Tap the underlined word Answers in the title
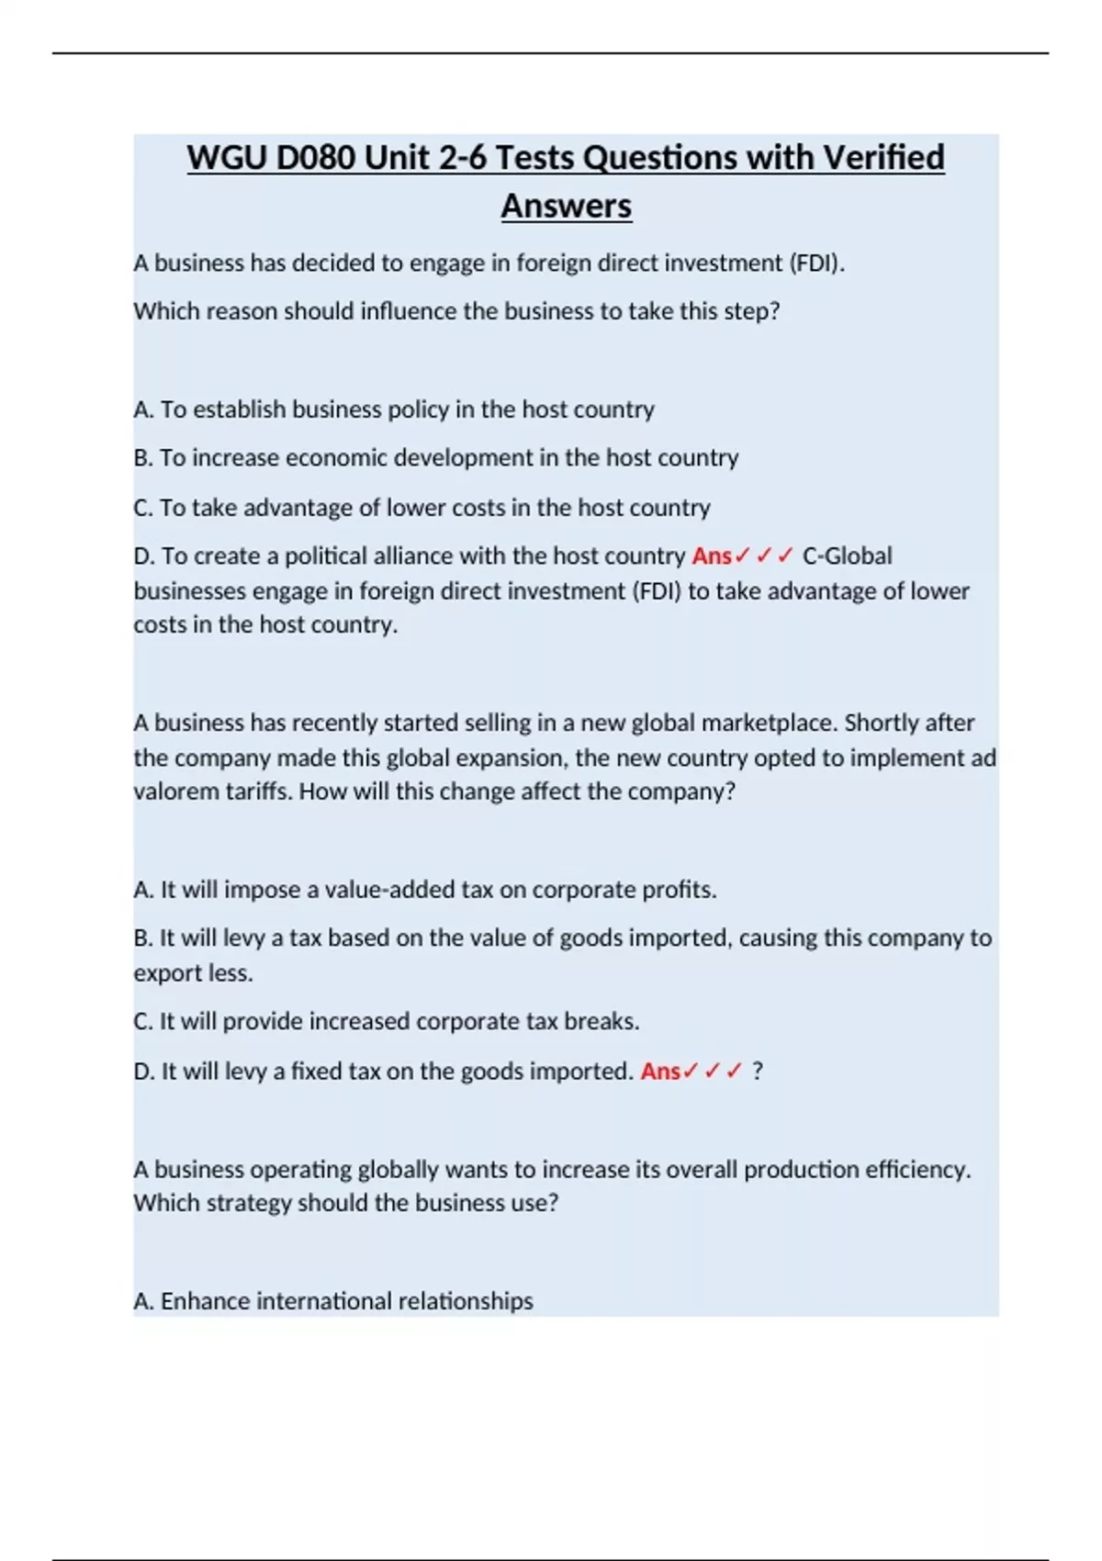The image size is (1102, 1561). pos(566,207)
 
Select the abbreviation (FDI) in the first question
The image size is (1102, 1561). pos(816,264)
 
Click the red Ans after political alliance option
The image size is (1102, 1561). pos(712,556)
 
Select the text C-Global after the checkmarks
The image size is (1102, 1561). pos(847,556)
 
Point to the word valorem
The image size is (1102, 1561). pos(178,792)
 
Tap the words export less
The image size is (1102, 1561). pos(193,973)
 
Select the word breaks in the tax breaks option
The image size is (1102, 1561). pos(599,1022)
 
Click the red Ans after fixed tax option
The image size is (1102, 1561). pos(660,1072)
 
